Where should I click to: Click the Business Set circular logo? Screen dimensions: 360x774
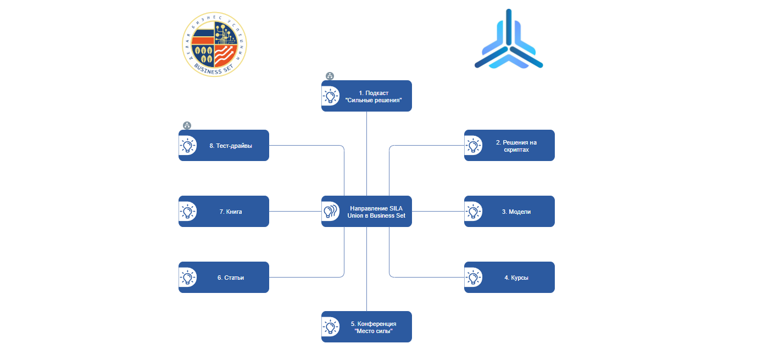tap(214, 44)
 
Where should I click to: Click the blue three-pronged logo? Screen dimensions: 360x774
tap(509, 42)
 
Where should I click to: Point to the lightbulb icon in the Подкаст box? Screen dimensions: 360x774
tap(330, 96)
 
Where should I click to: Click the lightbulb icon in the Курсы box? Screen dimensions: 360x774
tap(473, 278)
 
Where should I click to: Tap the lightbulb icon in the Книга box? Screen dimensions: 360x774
tap(187, 212)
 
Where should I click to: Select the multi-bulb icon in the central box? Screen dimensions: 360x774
tap(330, 212)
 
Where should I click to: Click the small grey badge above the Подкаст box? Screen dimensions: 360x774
tap(330, 76)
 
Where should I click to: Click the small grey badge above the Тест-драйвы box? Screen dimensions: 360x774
tap(187, 126)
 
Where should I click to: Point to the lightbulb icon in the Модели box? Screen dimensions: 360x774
tap(473, 212)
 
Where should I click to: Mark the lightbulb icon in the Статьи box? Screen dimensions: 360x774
tap(187, 278)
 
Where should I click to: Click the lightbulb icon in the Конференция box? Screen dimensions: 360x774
tap(330, 327)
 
